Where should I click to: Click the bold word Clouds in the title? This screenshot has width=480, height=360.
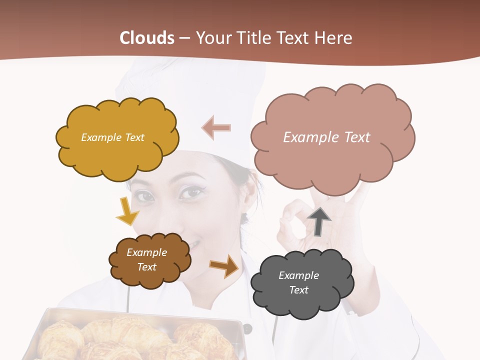coord(147,38)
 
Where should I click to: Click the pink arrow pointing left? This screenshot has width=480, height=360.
coord(216,127)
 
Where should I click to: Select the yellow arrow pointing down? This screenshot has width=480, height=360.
coord(127,210)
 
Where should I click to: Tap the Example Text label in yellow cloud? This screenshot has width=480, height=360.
coord(112,137)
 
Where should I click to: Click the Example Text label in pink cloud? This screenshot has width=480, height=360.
coord(326,137)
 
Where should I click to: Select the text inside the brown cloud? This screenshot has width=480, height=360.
coord(147,259)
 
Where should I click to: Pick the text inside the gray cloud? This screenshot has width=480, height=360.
coord(298,282)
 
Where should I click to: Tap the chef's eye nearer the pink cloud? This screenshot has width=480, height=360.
coord(190,191)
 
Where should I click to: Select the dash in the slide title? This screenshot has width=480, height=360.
coord(184,38)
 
